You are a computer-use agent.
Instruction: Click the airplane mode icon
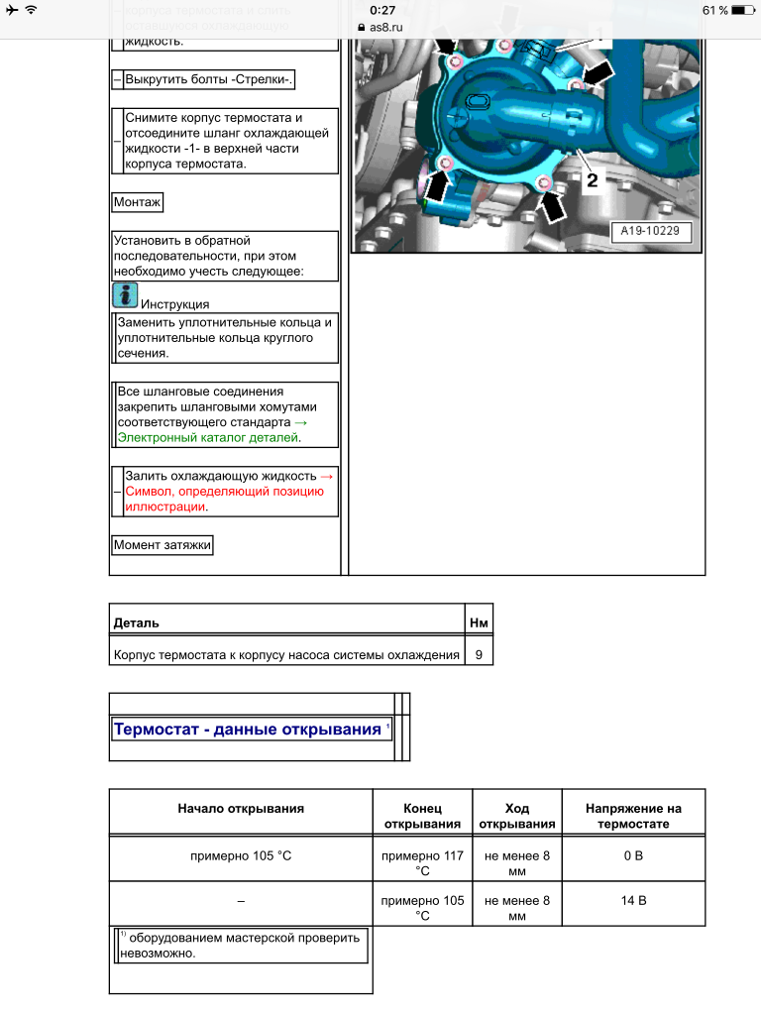tap(11, 10)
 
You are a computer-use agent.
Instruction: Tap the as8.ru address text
tap(386, 27)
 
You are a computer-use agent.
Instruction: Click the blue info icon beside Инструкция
tap(125, 295)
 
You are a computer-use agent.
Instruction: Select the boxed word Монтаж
tap(138, 202)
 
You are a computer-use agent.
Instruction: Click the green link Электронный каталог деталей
tap(208, 437)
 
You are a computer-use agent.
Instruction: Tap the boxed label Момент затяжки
tap(162, 545)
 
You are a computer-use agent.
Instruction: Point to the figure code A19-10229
tap(650, 231)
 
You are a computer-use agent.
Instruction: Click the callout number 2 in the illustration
tap(592, 180)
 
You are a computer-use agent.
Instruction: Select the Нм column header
tap(478, 623)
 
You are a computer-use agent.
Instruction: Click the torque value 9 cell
tap(478, 655)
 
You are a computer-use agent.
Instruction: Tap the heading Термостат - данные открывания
tap(247, 730)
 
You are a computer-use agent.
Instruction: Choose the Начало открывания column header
tap(241, 809)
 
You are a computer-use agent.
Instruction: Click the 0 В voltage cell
tap(633, 855)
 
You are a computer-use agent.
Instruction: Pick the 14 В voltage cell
tap(633, 901)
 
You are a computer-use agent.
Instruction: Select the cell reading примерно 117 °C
tap(423, 863)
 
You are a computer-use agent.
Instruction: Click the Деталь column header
tap(137, 623)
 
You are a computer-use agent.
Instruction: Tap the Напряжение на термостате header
tap(633, 816)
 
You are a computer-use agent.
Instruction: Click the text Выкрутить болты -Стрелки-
tap(210, 80)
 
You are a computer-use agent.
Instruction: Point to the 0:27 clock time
tap(382, 10)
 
